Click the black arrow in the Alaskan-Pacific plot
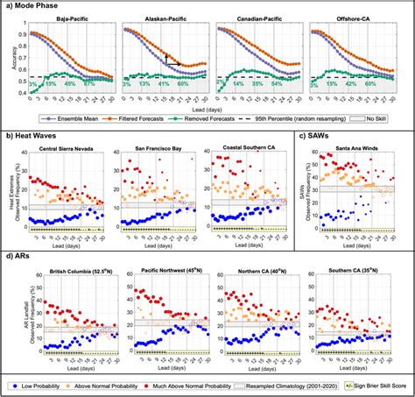pyautogui.click(x=167, y=59)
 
